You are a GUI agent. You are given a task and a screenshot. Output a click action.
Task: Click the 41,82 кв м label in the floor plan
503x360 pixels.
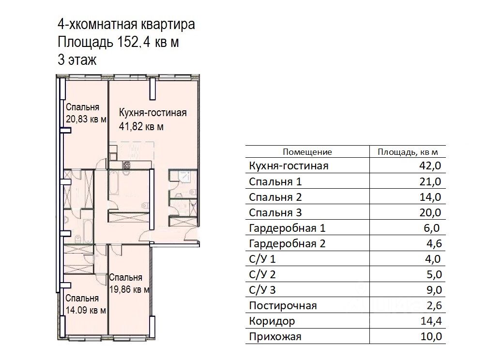click(x=141, y=127)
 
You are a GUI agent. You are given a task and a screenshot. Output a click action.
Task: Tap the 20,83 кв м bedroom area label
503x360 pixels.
click(x=86, y=119)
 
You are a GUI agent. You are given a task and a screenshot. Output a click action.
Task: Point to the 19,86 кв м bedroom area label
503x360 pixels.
click(x=129, y=289)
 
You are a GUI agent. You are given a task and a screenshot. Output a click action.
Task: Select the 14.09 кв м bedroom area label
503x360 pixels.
click(x=86, y=310)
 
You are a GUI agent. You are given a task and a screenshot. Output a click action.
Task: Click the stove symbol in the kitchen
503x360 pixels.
click(x=126, y=165)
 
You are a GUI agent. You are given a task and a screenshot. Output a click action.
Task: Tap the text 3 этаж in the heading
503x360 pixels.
click(x=77, y=60)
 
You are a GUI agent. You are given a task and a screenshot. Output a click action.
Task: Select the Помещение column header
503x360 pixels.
click(x=307, y=152)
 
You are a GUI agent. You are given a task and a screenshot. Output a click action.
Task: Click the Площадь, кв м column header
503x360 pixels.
click(x=408, y=152)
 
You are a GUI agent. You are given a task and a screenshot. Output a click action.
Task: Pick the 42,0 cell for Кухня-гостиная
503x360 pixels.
click(x=430, y=165)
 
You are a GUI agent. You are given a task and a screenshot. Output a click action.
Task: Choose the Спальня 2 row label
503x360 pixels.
click(x=275, y=197)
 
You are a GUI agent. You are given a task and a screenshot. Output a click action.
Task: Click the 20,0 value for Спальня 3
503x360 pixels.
click(x=430, y=212)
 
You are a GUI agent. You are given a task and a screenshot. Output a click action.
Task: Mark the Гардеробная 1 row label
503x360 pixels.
click(x=287, y=228)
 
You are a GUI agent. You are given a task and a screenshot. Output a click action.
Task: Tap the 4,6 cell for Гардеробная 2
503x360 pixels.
click(x=434, y=243)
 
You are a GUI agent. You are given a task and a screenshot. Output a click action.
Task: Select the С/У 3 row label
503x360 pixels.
click(x=262, y=290)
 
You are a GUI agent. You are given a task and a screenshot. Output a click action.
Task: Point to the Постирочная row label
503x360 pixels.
click(x=283, y=305)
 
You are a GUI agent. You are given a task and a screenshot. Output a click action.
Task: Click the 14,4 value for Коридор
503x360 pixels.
click(x=431, y=321)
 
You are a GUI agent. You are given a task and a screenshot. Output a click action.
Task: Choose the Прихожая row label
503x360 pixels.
click(x=275, y=337)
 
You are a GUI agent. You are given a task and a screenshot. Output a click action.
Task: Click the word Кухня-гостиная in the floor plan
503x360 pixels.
click(x=152, y=113)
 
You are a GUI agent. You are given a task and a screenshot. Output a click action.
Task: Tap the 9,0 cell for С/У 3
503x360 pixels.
click(x=434, y=290)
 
